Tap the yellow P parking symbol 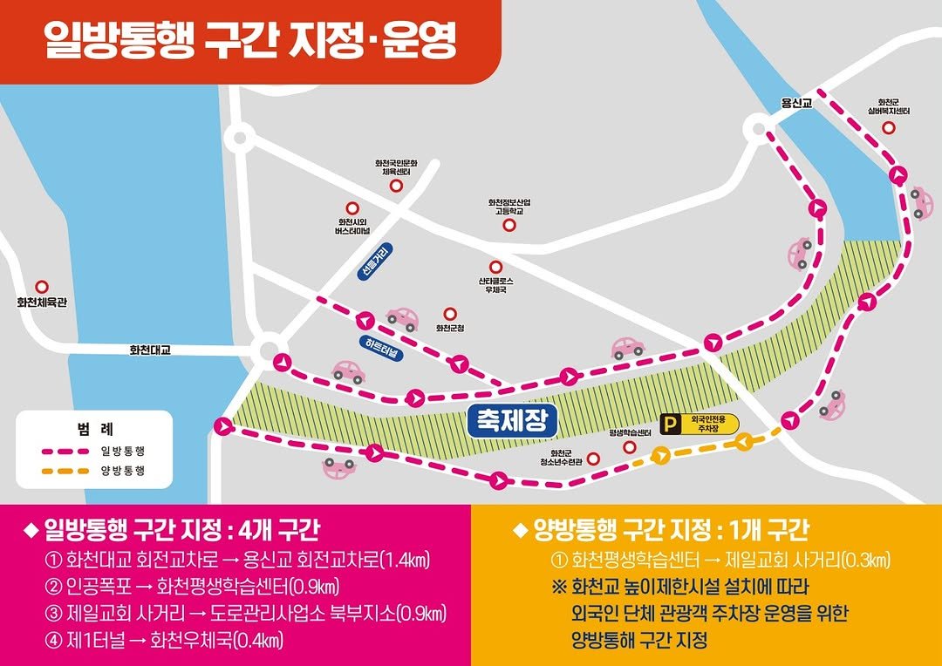point(670,425)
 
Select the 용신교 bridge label point(796,103)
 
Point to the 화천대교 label point(150,350)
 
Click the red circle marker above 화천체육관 point(41,286)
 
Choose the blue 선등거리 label point(376,262)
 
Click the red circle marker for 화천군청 point(450,313)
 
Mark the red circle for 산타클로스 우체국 point(495,267)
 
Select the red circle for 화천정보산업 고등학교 point(509,225)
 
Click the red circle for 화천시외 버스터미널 point(352,208)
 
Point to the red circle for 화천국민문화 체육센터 point(396,186)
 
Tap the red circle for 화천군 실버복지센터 point(889,128)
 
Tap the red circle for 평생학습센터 point(630,446)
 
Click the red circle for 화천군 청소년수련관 point(593,458)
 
